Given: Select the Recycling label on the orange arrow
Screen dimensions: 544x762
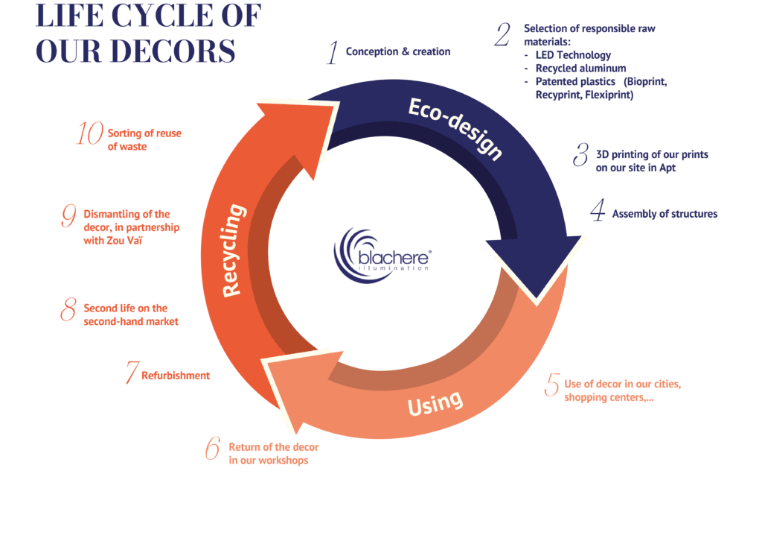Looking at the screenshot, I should pyautogui.click(x=233, y=250).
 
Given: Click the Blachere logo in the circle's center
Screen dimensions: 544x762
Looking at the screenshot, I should pyautogui.click(x=382, y=253).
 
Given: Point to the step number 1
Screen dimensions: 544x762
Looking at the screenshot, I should pyautogui.click(x=332, y=53).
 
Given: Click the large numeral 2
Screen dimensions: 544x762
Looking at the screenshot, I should pyautogui.click(x=504, y=34).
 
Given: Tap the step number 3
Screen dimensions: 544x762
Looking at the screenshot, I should pyautogui.click(x=580, y=156).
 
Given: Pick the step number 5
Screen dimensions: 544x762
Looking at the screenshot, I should pyautogui.click(x=551, y=385).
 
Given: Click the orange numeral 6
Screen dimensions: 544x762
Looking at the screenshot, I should pyautogui.click(x=213, y=447).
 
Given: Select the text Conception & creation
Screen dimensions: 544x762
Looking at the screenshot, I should pyautogui.click(x=398, y=52).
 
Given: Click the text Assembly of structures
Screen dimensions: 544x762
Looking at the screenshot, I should pyautogui.click(x=665, y=214).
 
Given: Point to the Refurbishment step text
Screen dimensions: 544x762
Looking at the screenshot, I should pyautogui.click(x=176, y=376).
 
